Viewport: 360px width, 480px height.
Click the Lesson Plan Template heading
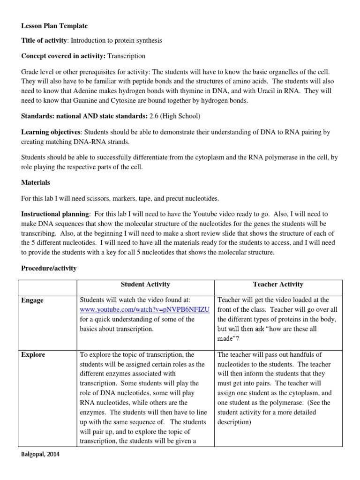click(x=54, y=26)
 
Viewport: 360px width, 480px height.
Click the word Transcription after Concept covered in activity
click(x=127, y=56)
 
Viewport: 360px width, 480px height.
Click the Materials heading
click(x=36, y=182)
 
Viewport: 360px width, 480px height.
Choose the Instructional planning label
click(x=55, y=214)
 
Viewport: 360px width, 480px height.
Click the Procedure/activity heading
click(x=49, y=268)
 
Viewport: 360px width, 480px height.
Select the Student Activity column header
click(x=145, y=285)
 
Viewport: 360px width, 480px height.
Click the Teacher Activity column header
click(x=278, y=285)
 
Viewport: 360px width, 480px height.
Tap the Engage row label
click(x=33, y=300)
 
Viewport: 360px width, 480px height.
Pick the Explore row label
click(x=33, y=355)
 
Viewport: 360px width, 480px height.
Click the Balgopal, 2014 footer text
click(x=41, y=454)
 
